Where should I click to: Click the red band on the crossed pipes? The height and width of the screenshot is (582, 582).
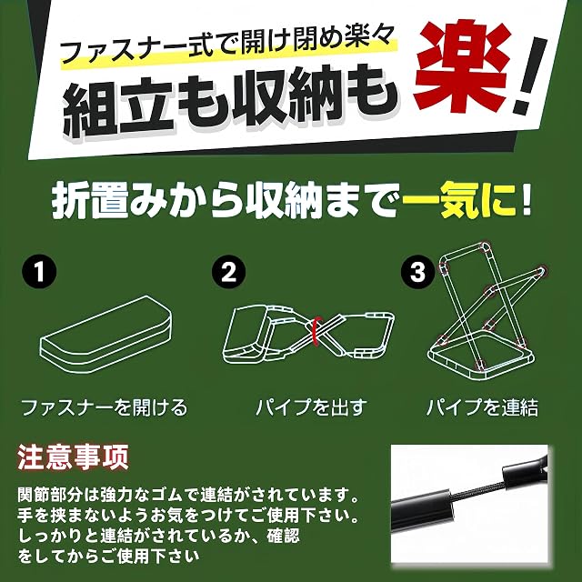[x=314, y=331]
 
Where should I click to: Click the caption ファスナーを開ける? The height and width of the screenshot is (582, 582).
[x=105, y=407]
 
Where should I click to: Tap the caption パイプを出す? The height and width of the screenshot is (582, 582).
[x=311, y=407]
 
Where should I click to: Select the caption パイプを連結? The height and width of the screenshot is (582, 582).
[x=483, y=407]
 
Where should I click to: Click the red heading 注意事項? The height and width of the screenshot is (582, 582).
[x=73, y=457]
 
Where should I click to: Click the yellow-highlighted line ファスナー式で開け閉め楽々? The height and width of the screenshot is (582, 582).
[x=227, y=45]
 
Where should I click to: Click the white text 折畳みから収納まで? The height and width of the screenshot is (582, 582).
[x=226, y=204]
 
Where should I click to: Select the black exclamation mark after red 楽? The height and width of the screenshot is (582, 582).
[x=530, y=75]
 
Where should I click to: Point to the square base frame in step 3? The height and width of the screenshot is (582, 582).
[x=481, y=355]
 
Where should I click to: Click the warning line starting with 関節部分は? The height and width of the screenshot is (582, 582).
[x=188, y=495]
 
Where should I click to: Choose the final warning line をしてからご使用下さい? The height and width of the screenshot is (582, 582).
[x=108, y=556]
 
